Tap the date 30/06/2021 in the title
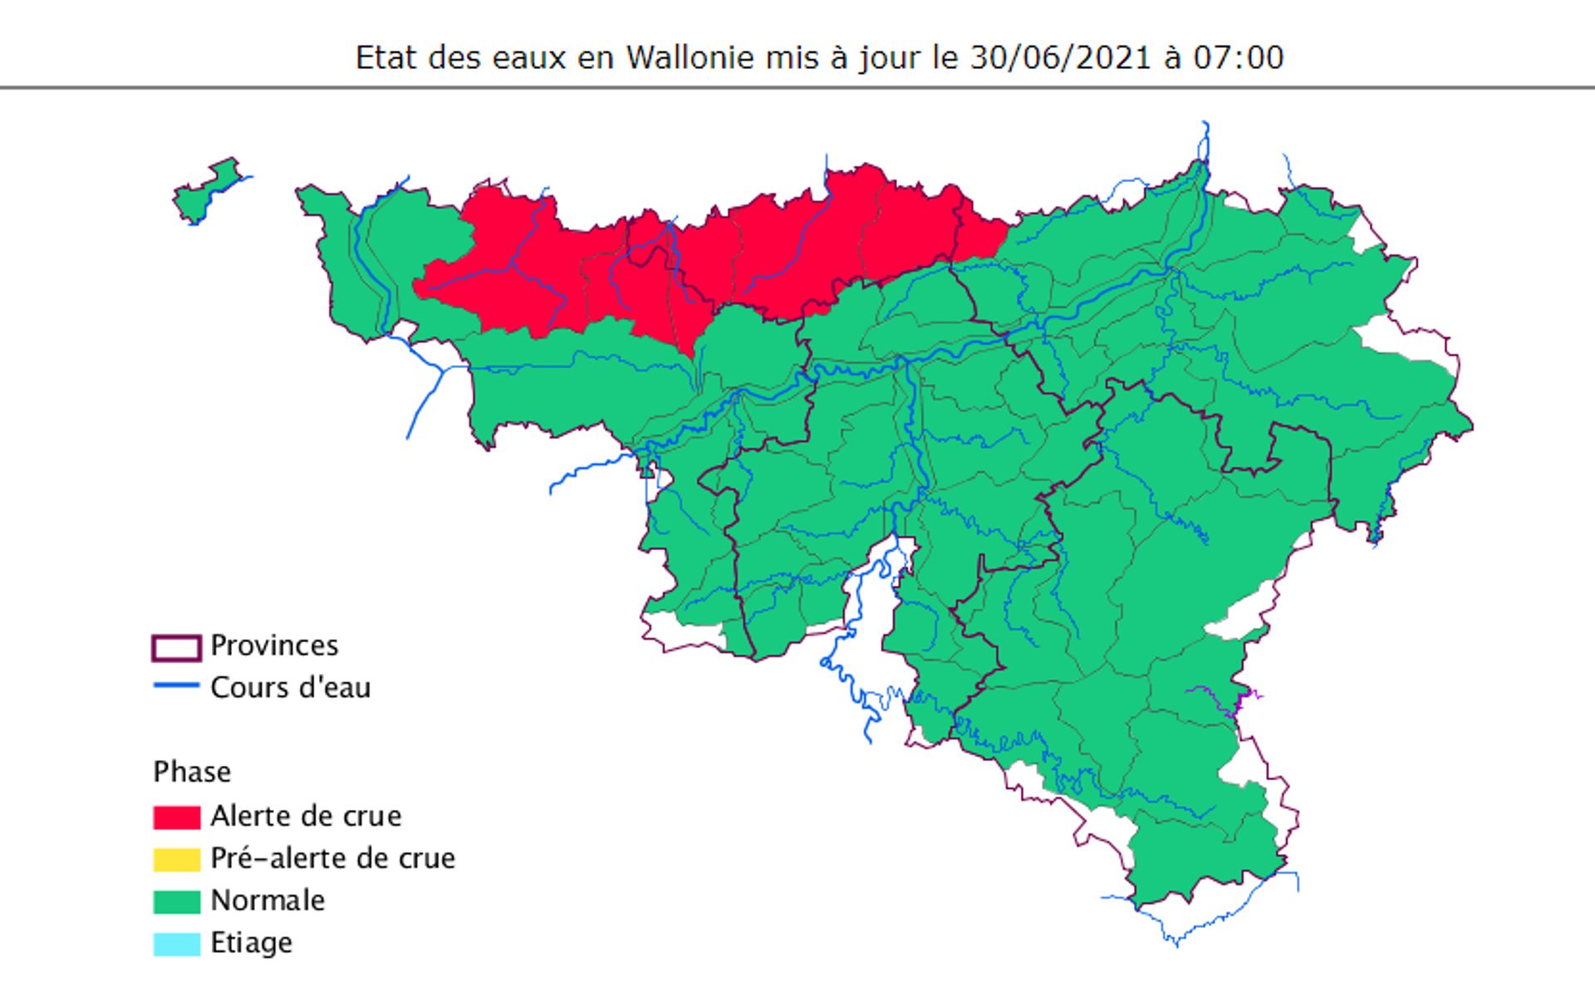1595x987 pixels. (1060, 57)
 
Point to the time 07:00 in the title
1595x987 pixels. (1238, 57)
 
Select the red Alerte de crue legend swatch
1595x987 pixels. (176, 817)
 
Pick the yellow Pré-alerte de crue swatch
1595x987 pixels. (176, 859)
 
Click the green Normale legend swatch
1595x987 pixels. (176, 901)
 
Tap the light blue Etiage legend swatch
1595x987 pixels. (176, 944)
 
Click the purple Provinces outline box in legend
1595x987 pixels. (176, 647)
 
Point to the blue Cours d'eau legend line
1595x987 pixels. (176, 685)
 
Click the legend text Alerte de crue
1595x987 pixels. (306, 816)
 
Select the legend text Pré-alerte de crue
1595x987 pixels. (332, 858)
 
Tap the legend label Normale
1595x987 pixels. (267, 901)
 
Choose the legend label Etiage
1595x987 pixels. (251, 943)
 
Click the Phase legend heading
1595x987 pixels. (192, 772)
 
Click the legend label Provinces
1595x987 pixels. (274, 646)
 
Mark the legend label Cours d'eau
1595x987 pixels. (290, 688)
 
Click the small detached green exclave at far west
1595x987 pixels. (204, 190)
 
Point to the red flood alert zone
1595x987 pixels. (748, 249)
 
